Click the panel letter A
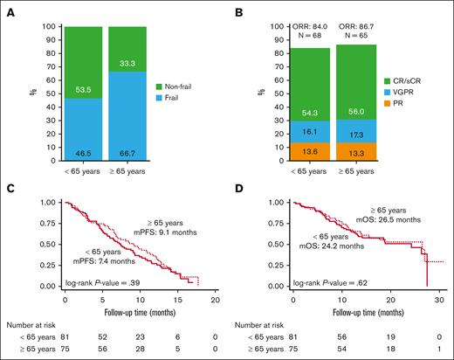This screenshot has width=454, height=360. click(x=8, y=10)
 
